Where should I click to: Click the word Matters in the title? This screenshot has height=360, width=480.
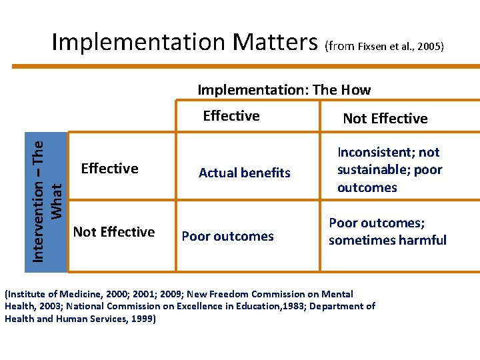(x=275, y=41)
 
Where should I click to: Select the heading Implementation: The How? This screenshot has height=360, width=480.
(x=285, y=89)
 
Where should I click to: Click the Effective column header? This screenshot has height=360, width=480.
(x=231, y=116)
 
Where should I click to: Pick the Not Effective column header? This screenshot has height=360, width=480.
(x=385, y=119)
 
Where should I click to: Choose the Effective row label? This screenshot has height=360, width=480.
(x=109, y=168)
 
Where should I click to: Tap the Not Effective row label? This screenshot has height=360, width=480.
(x=114, y=232)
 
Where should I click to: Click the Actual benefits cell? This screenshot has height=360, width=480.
(x=245, y=173)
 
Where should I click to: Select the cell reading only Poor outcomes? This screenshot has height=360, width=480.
(x=228, y=236)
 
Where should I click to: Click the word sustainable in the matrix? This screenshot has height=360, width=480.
(x=373, y=169)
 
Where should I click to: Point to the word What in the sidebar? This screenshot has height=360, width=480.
(x=57, y=201)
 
